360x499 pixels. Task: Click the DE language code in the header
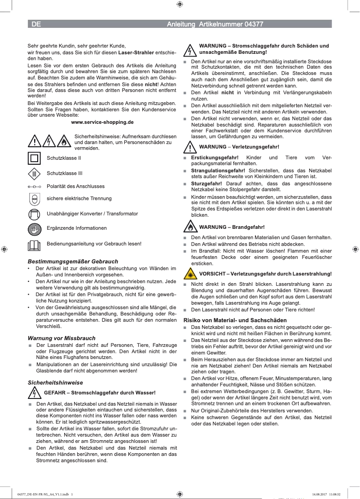point(36,24)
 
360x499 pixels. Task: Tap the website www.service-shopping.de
point(102,122)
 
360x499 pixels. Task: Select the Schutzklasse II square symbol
point(34,158)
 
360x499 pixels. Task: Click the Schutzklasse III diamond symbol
point(34,174)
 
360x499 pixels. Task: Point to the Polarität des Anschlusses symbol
point(34,186)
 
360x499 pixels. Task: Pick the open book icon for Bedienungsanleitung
point(34,245)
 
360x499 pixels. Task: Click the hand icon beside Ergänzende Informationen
point(34,228)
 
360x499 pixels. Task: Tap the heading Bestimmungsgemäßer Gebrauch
point(73,261)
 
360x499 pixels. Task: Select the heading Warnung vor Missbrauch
point(61,338)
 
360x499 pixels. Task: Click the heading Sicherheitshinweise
point(55,382)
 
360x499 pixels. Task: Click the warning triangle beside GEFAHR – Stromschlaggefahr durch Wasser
point(34,393)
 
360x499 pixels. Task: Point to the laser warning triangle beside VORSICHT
point(191,274)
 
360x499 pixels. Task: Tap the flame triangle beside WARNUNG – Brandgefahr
point(191,227)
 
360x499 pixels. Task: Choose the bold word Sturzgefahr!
point(206,184)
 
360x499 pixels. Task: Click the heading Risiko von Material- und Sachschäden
point(235,320)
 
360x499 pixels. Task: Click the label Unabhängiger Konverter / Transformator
point(92,214)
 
